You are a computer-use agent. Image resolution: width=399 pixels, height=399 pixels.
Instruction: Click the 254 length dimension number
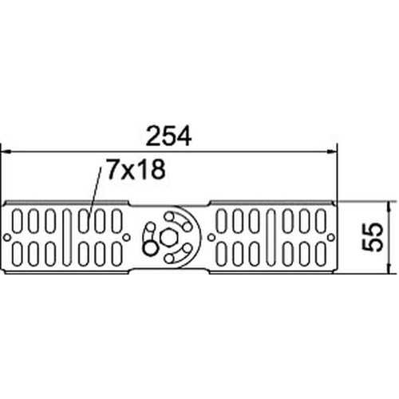click(x=168, y=136)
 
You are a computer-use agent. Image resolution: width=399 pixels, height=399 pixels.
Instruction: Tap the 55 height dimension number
click(x=373, y=237)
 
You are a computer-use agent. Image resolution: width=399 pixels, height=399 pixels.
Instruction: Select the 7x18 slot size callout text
click(x=136, y=168)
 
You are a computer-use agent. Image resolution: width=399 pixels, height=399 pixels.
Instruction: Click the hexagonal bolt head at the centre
click(x=168, y=238)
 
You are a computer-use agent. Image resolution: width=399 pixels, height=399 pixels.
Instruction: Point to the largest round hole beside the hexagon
click(x=150, y=249)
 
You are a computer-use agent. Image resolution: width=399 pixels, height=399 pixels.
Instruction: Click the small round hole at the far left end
click(x=7, y=237)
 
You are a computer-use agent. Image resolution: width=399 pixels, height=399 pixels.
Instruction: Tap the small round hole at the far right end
click(x=331, y=237)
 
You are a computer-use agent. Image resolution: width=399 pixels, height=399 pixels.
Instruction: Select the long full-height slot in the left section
click(x=67, y=237)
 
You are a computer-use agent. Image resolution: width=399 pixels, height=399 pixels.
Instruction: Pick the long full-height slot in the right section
click(x=271, y=237)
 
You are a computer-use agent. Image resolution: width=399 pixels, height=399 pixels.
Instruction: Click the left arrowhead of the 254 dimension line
click(x=6, y=152)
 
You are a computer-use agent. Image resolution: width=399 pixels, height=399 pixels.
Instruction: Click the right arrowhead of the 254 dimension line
click(x=332, y=152)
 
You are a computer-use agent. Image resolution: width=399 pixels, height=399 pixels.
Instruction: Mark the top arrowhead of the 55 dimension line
click(x=389, y=206)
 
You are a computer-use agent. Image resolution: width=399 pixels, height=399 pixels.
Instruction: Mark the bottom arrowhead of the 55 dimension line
click(x=389, y=268)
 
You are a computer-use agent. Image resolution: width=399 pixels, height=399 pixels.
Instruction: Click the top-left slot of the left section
click(x=17, y=221)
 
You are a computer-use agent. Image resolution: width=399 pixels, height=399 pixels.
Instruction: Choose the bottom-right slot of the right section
click(x=321, y=254)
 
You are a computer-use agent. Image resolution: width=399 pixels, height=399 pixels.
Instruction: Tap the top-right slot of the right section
click(x=321, y=221)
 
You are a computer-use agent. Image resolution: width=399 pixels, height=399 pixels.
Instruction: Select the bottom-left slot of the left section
click(x=17, y=254)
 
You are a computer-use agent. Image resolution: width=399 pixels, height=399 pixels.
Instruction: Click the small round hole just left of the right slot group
click(x=211, y=237)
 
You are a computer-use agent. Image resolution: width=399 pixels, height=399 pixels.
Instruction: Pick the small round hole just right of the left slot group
click(x=127, y=237)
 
